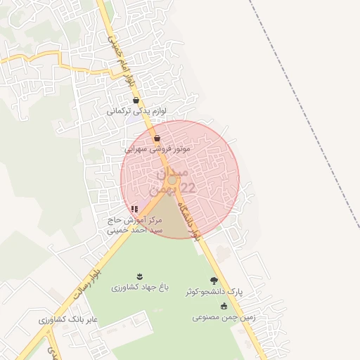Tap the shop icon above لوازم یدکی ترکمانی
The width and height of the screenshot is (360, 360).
(136, 100)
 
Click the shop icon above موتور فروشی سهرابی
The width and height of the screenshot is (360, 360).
(156, 138)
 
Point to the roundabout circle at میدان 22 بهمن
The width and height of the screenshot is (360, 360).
(172, 180)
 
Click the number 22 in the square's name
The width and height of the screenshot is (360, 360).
(188, 188)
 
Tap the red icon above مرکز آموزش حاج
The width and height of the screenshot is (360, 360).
(134, 209)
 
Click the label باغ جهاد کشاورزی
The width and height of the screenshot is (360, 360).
(138, 288)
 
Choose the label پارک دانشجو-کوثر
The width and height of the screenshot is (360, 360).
(214, 291)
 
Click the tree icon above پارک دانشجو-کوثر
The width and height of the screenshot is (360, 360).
(214, 281)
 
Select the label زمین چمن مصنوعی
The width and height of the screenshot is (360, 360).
(224, 316)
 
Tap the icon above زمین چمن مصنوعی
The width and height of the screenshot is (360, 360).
(224, 306)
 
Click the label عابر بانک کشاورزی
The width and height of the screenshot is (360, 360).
(68, 320)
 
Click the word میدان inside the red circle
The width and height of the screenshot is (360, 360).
(171, 171)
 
